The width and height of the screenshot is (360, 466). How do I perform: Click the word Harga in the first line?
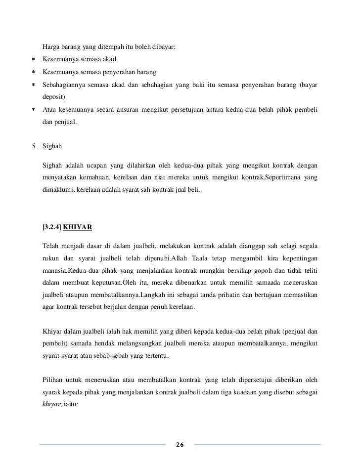click(x=51, y=47)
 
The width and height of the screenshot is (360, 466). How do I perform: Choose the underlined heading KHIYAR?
click(x=77, y=228)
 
